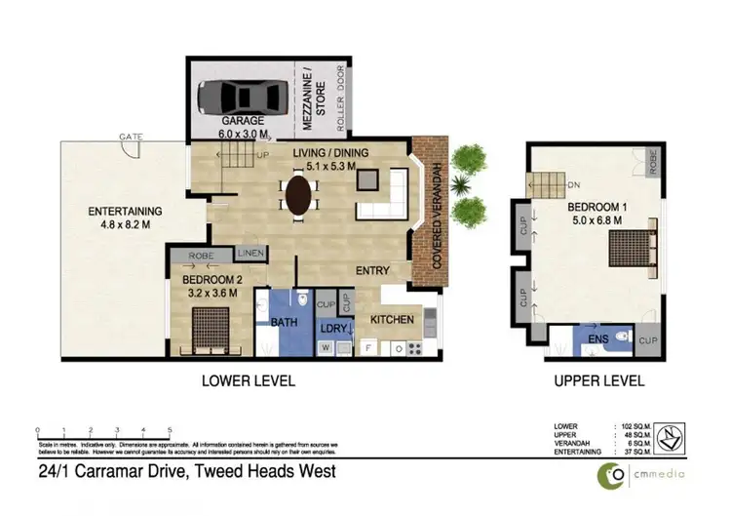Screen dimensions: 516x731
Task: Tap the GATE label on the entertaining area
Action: point(129,137)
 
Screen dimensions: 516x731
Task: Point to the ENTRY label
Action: point(372,270)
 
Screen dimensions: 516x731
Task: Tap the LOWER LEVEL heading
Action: point(248,379)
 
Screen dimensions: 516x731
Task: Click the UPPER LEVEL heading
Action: point(597,379)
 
